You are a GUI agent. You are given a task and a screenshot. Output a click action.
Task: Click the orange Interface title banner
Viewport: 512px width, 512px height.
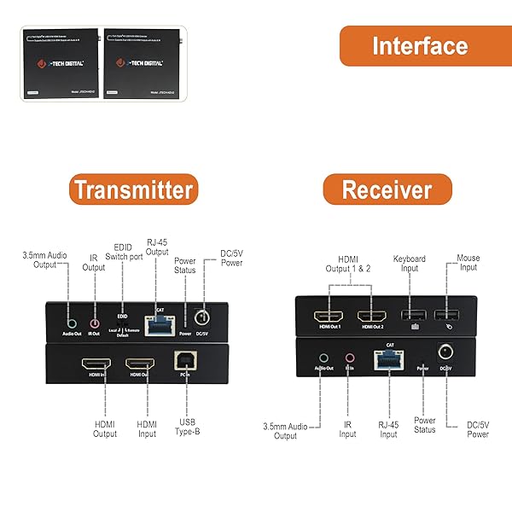(x=419, y=46)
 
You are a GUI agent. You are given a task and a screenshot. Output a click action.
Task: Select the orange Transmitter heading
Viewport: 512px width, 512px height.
(x=132, y=189)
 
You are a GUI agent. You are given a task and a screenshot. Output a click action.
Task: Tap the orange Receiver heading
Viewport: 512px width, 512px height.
(x=386, y=189)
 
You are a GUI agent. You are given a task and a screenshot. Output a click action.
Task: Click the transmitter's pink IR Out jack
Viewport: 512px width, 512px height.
(x=95, y=323)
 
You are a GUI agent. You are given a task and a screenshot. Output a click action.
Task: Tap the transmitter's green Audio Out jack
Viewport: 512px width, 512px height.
(x=72, y=323)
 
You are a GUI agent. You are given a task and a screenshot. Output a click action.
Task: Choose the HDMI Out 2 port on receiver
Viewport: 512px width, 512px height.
(x=372, y=317)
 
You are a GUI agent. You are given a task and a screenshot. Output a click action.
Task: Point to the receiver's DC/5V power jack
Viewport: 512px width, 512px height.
(x=445, y=351)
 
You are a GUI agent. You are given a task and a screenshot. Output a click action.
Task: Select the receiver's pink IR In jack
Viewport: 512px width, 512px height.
(x=349, y=358)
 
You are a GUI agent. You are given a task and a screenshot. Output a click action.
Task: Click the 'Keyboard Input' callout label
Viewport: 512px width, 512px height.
(x=409, y=263)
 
